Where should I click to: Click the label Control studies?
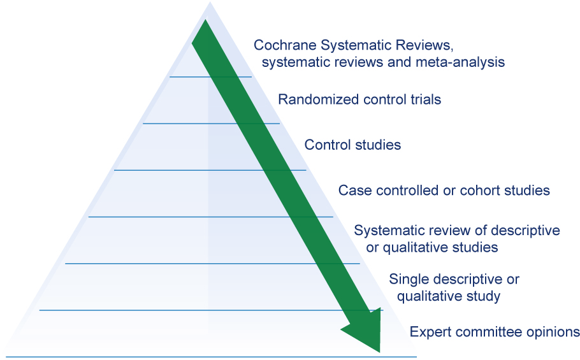point(352,145)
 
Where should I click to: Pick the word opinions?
point(553,332)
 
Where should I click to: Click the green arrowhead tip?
point(379,350)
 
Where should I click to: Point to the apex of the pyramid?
point(210,3)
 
